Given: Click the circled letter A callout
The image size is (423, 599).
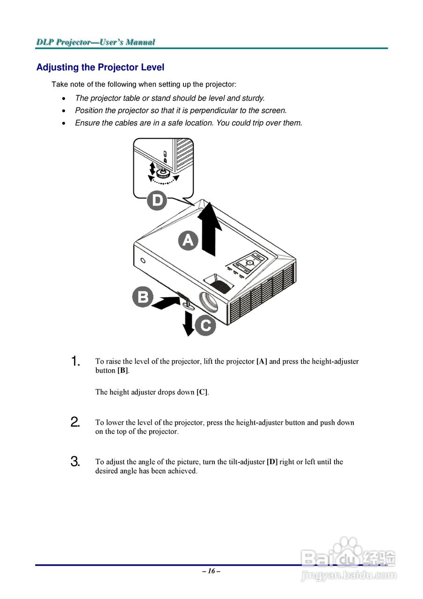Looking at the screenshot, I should (188, 241).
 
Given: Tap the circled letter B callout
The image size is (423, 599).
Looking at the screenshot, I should (142, 297).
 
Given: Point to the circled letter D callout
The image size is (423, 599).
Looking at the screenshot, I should (157, 201).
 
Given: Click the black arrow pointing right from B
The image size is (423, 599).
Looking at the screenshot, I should (166, 302).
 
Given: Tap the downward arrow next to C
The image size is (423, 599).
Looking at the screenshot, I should (189, 323).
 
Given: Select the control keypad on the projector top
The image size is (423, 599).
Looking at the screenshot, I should (248, 263).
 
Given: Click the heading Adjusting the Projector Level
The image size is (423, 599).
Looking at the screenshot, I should (100, 67).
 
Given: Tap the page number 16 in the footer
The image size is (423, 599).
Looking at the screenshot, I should (211, 571).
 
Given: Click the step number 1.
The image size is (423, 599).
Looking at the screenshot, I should (75, 361).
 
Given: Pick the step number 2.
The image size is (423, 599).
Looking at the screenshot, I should (75, 422).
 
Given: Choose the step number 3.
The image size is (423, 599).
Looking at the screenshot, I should (75, 461).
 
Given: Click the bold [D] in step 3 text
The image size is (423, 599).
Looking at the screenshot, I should (272, 462).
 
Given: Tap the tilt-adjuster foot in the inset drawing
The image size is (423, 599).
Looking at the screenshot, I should (163, 173).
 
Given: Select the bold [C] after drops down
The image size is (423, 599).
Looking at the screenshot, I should (202, 392).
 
